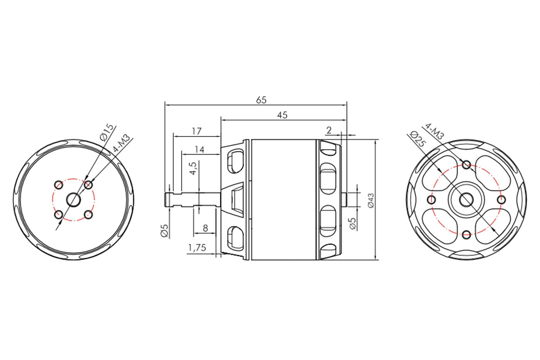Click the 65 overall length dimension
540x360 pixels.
point(261,100)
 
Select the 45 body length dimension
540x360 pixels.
point(282,115)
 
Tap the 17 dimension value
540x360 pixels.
point(196,131)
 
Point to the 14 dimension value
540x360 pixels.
point(200,149)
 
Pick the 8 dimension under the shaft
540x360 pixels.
point(205,228)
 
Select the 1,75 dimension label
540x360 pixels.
point(197,248)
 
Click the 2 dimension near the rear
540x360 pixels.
point(329,130)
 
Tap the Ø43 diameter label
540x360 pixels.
point(371,200)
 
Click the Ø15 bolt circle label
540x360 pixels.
point(106,132)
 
